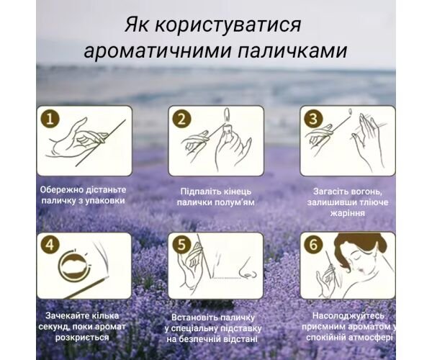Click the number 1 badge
click(50, 120)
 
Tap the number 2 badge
click(181, 120)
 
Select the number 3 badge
click(313, 120)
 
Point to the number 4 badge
click(50, 245)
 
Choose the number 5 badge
click(181, 245)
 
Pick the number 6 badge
click(313, 245)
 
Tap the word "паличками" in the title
click(292, 50)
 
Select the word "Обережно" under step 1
click(61, 190)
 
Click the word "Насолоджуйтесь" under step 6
click(348, 315)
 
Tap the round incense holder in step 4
click(74, 265)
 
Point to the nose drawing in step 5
click(248, 269)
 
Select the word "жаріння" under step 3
click(348, 213)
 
